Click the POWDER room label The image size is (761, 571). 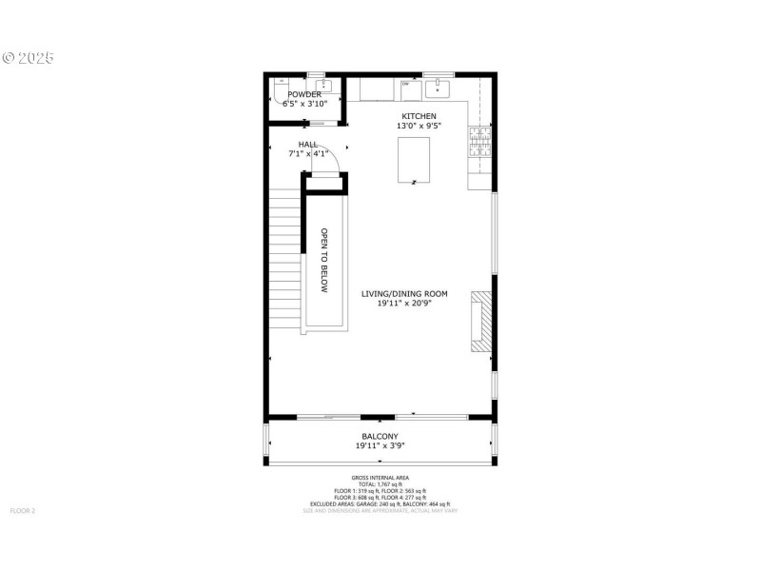point(304,94)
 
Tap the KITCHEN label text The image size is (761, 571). point(419,116)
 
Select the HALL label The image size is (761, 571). point(307,144)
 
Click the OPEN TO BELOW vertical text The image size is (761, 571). point(323,261)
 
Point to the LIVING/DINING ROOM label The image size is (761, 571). point(404,294)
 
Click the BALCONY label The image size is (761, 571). point(380,437)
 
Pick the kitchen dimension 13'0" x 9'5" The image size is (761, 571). point(419,126)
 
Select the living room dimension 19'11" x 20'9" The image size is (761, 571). point(404,304)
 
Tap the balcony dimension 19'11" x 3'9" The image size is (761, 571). point(380,445)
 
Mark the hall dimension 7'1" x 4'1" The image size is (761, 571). point(307,152)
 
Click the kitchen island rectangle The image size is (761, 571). point(413,159)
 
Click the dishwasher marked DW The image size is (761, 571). point(408,86)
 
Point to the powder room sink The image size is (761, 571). point(323,87)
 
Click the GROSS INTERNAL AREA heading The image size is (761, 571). point(380,479)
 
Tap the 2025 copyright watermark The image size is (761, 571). point(29,57)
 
